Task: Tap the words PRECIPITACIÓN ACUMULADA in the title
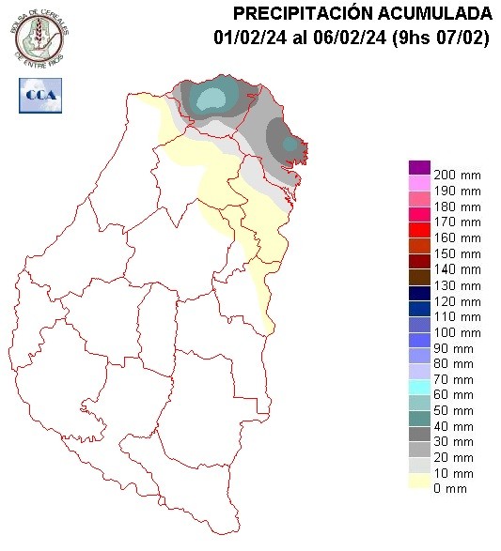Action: point(362,13)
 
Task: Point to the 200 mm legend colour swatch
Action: point(419,167)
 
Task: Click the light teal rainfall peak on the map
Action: point(212,99)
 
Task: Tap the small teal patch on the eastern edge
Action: point(291,145)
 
